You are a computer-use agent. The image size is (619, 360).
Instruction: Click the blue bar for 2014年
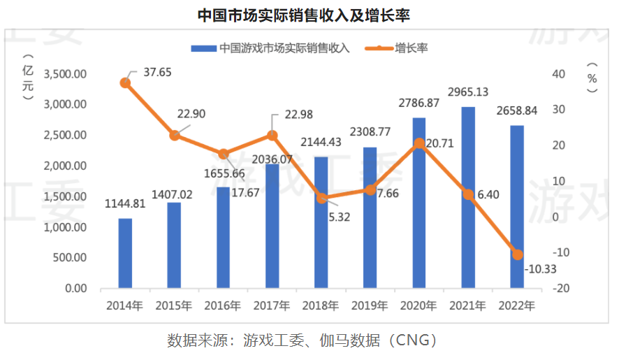(x=125, y=253)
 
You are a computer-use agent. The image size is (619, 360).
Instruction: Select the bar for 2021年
(x=468, y=198)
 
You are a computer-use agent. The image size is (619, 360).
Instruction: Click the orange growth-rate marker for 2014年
(x=125, y=82)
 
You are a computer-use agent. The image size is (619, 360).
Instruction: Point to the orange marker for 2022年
(x=517, y=254)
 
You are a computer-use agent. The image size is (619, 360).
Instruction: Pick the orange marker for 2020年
(x=419, y=143)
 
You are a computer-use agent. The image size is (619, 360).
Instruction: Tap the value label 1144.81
(x=125, y=205)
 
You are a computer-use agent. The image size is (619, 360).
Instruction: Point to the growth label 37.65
(x=157, y=71)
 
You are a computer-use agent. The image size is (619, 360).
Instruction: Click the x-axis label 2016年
(x=223, y=305)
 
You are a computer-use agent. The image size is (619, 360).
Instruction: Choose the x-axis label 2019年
(x=370, y=305)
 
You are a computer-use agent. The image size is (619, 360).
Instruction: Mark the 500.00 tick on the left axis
(x=70, y=258)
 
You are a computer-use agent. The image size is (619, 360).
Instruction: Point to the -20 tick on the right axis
(x=556, y=288)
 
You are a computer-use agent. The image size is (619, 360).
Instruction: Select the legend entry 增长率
(x=412, y=48)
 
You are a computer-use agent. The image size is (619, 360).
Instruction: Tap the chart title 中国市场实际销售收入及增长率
(x=309, y=14)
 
